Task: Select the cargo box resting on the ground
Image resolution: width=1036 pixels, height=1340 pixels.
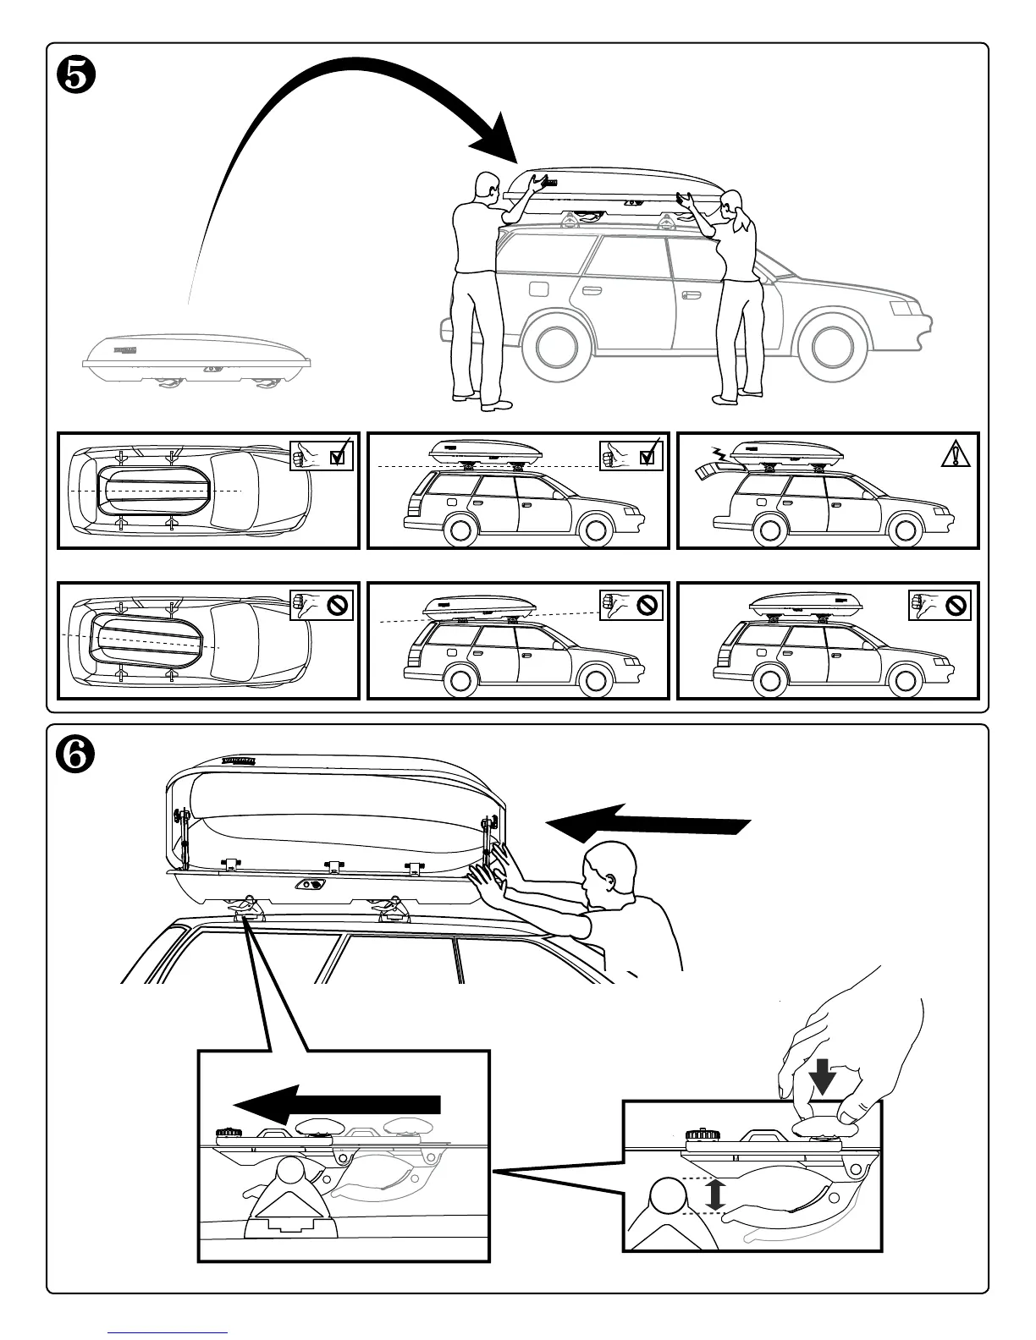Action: (196, 359)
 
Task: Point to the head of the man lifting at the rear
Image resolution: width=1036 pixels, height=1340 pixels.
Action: (486, 186)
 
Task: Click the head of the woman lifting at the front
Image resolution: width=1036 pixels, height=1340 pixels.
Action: (732, 201)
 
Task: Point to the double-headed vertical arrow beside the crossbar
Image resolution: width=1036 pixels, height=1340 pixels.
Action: (716, 1194)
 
